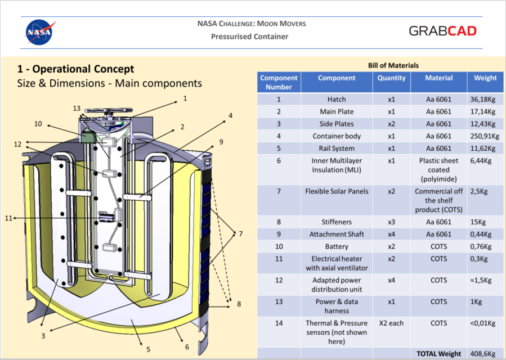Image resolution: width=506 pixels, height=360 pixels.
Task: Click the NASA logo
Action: click(x=40, y=32)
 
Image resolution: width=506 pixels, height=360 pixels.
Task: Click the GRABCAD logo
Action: click(x=442, y=30)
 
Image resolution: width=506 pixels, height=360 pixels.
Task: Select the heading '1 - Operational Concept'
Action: click(x=75, y=69)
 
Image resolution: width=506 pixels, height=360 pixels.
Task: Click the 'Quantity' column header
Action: click(x=391, y=78)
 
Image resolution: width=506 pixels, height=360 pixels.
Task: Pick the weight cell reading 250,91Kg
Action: click(x=485, y=136)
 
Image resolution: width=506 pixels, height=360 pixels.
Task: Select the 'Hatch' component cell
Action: click(x=337, y=99)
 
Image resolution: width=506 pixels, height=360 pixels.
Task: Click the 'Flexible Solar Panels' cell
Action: click(x=337, y=191)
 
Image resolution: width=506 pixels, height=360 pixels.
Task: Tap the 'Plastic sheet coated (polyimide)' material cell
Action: click(x=438, y=170)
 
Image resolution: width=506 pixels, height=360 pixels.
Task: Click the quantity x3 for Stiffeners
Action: click(x=391, y=222)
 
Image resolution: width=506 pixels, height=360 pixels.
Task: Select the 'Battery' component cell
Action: click(x=337, y=246)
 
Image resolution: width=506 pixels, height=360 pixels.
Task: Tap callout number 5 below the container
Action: click(x=149, y=349)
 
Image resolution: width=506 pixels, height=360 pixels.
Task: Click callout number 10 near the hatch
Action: click(x=38, y=124)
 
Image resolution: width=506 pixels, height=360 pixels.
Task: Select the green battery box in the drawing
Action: click(x=88, y=137)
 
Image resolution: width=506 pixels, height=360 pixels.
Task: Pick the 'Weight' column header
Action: click(x=485, y=78)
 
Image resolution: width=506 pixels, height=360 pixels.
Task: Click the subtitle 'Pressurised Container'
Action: click(x=249, y=37)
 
